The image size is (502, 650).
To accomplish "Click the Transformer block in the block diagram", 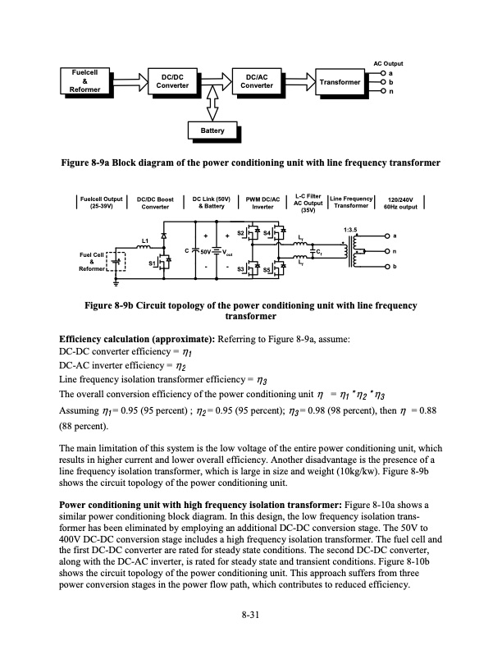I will click(340, 82).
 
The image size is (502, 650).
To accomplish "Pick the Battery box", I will click(212, 131).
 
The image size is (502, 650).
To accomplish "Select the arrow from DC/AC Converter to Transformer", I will click(303, 82).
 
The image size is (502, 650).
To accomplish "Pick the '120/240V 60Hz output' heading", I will click(403, 202).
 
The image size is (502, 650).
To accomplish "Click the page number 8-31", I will click(250, 613).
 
